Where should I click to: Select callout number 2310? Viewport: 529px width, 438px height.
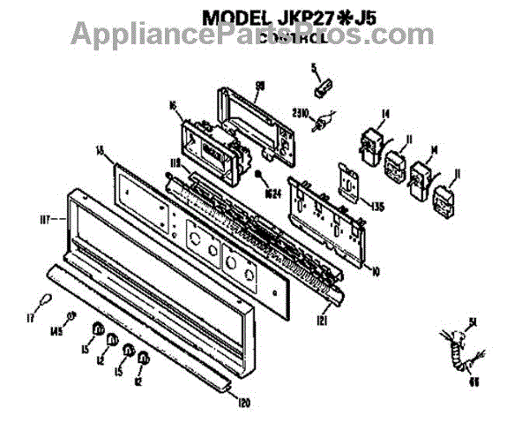(301, 112)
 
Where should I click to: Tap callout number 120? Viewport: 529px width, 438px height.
(243, 403)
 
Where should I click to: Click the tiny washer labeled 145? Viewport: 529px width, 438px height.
(72, 317)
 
